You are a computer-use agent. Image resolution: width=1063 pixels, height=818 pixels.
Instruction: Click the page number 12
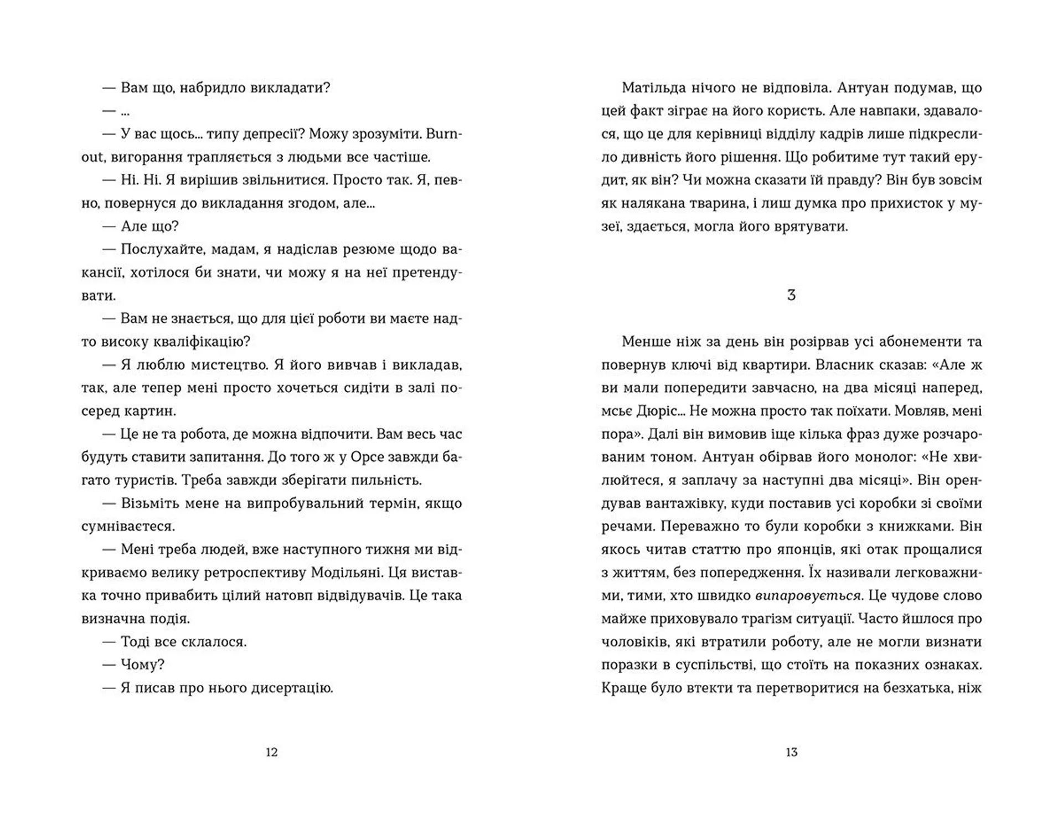(271, 752)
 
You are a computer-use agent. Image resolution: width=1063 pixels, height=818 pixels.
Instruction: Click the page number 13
(791, 752)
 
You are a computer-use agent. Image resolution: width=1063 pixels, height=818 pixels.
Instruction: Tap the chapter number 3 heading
(791, 295)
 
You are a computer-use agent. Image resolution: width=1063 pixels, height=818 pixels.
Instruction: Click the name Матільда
(653, 88)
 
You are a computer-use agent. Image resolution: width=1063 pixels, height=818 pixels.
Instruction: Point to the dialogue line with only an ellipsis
(116, 111)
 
